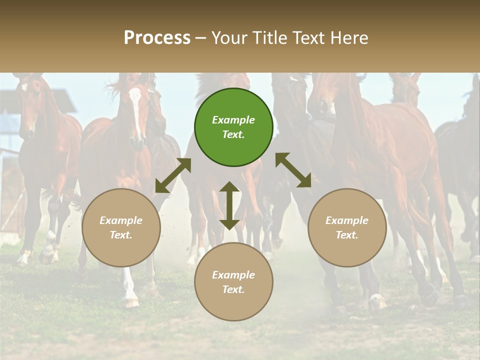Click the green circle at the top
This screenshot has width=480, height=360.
[233, 127]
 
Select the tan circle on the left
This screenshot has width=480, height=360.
[121, 228]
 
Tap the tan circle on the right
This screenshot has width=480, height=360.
[347, 228]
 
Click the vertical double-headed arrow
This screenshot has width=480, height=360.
[229, 205]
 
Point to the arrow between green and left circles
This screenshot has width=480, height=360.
[173, 175]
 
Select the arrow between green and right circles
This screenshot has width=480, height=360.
[293, 170]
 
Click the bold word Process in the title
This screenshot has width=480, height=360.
[157, 37]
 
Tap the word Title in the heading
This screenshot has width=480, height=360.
[269, 37]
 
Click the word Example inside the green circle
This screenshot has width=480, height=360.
[233, 120]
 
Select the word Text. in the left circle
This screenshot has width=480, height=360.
[121, 235]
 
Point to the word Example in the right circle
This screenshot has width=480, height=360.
[347, 220]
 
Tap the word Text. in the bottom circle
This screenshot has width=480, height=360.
[233, 289]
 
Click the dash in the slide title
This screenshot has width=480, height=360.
[201, 38]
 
